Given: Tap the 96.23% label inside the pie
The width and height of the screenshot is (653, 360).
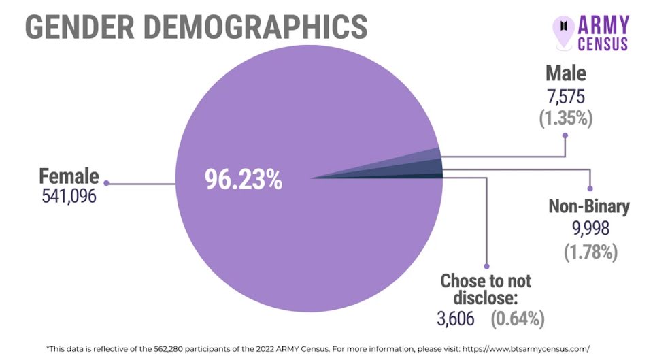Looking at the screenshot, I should tap(243, 180).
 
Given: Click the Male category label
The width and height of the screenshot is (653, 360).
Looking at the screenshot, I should tap(565, 73).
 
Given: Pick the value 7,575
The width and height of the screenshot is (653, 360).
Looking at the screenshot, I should tap(565, 95).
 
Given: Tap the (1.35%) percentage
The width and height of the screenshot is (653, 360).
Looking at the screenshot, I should tap(565, 118).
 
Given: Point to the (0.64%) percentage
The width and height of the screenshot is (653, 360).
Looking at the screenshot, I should tap(516, 317).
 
